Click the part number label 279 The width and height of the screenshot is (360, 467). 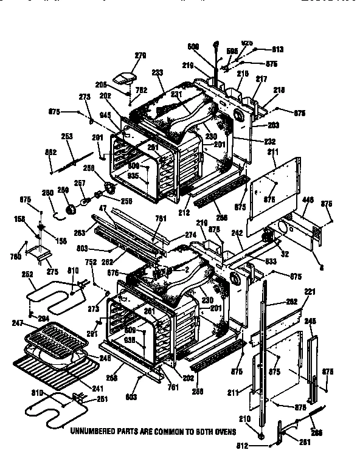point(140,56)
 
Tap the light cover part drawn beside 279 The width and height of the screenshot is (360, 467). point(129,77)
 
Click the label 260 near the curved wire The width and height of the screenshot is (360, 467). point(46,193)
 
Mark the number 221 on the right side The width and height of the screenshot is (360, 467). point(310,292)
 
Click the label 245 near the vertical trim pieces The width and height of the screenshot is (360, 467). point(311,321)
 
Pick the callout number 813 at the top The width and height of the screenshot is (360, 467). point(278,49)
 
